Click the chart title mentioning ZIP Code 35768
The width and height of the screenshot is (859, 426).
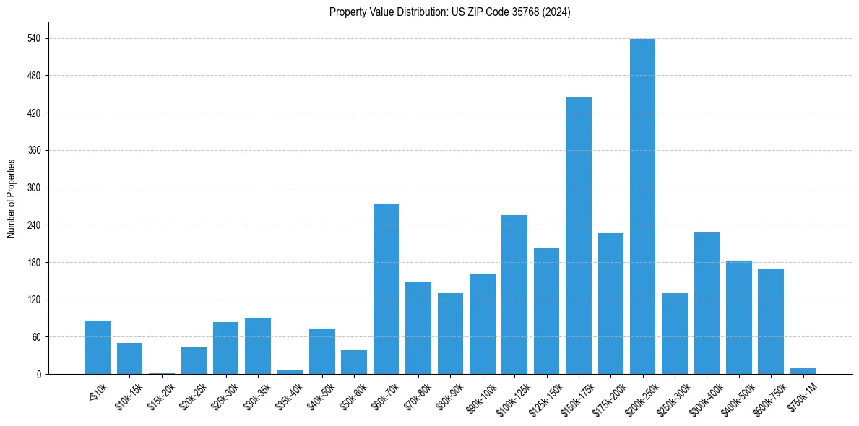click(x=449, y=12)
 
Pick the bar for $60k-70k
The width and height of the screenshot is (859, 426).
click(x=386, y=289)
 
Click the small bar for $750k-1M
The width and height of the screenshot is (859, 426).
click(x=803, y=371)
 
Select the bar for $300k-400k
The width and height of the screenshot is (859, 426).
click(x=707, y=303)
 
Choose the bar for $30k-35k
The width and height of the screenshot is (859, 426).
click(x=258, y=346)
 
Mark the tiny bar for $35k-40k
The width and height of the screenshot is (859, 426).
click(x=290, y=372)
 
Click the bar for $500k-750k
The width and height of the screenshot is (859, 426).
click(x=771, y=321)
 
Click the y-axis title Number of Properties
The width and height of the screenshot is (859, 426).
click(x=11, y=199)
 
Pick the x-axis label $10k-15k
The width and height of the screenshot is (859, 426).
click(x=129, y=396)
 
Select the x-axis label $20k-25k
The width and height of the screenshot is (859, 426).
click(x=193, y=396)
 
